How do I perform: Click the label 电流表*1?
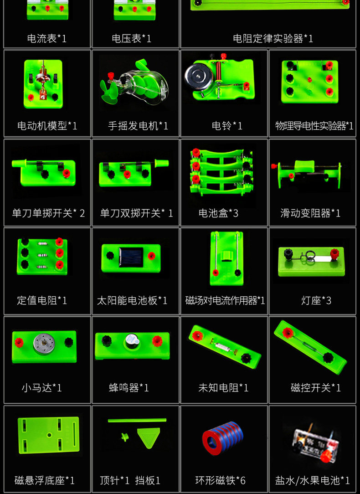click(x=46, y=38)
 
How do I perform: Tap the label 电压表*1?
click(x=131, y=38)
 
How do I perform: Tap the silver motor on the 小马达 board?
click(x=44, y=344)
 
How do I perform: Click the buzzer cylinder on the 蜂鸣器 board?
click(x=132, y=341)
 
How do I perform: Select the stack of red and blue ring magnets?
click(x=222, y=437)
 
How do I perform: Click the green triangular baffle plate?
click(x=149, y=437)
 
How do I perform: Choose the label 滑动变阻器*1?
click(x=310, y=213)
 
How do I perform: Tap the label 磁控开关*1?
click(x=316, y=387)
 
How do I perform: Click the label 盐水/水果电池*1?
click(x=313, y=480)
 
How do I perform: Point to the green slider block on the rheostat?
click(x=304, y=166)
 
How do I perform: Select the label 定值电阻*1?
click(x=42, y=300)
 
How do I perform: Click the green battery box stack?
click(x=221, y=171)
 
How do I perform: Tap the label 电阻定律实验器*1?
click(x=273, y=38)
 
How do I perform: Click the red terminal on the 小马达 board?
click(x=19, y=342)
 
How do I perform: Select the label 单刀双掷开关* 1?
click(x=136, y=213)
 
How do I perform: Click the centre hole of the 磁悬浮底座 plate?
click(x=49, y=435)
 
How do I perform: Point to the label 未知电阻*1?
click(x=223, y=387)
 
